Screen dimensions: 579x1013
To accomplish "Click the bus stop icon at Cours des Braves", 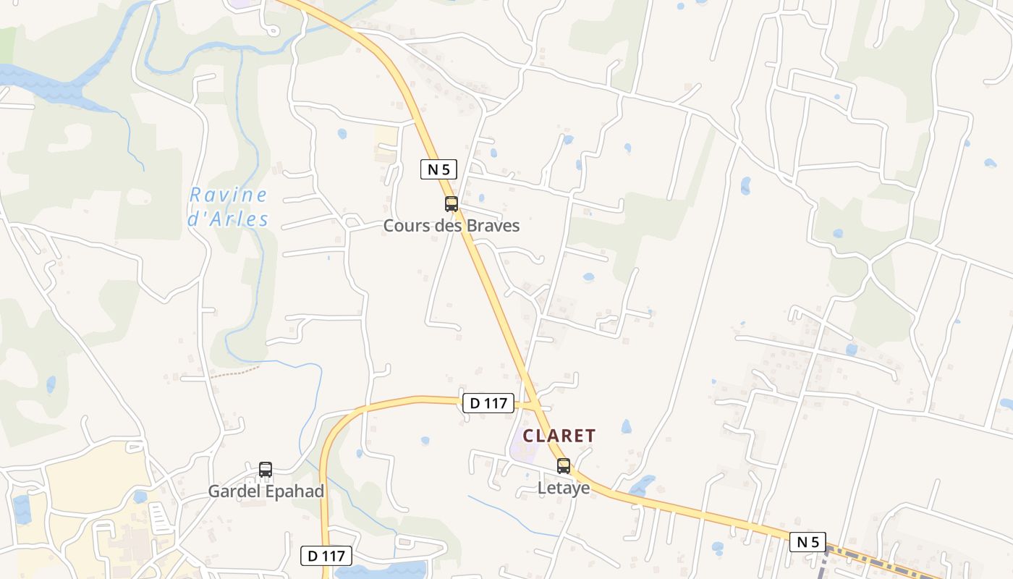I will (452, 204).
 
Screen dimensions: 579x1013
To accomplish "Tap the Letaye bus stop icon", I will (564, 466).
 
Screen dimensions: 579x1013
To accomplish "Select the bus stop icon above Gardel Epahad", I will (266, 469).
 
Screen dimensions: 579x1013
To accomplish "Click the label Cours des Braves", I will (452, 226).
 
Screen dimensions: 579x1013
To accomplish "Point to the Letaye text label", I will (564, 489).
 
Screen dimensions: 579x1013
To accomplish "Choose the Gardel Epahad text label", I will (266, 491).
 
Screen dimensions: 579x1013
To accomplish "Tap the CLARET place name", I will (559, 436).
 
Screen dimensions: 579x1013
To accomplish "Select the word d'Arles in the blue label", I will (228, 219).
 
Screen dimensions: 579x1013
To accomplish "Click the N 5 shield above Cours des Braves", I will (438, 170).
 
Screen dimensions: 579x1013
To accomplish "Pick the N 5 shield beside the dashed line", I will (808, 542).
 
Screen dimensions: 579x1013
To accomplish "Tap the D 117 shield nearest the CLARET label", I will (488, 403).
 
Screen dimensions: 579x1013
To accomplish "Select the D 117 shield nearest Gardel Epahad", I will (326, 556).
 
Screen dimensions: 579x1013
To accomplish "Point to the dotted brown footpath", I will (235, 373).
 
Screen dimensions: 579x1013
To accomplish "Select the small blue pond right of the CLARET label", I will (626, 427).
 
